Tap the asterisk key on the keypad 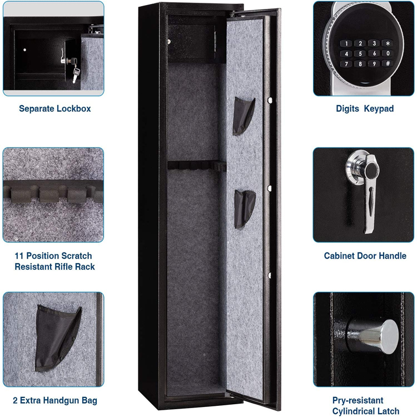pyautogui.click(x=388, y=43)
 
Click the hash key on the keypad pyautogui.click(x=388, y=63)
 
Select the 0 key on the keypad pyautogui.click(x=388, y=53)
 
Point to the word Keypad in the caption pyautogui.click(x=379, y=108)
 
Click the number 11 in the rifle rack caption pyautogui.click(x=19, y=256)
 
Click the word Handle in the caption pyautogui.click(x=393, y=256)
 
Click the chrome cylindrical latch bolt pyautogui.click(x=373, y=337)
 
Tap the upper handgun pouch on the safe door pyautogui.click(x=244, y=116)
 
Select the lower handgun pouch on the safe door pyautogui.click(x=245, y=209)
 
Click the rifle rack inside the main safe pyautogui.click(x=197, y=166)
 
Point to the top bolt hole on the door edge pyautogui.click(x=270, y=101)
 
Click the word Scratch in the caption pyautogui.click(x=76, y=256)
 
